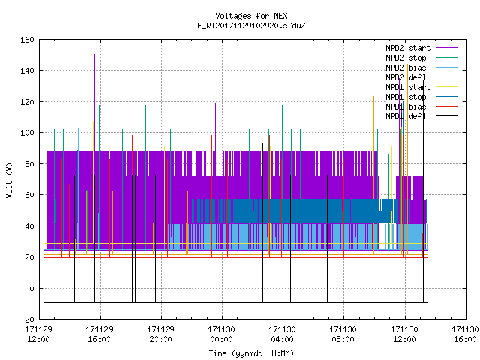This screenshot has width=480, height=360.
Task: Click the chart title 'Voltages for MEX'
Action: pos(251,16)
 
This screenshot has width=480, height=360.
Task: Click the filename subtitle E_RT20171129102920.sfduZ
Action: pos(251,25)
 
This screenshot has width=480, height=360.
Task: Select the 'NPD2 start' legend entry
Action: pos(421,48)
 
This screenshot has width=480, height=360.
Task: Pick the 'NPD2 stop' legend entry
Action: pos(421,58)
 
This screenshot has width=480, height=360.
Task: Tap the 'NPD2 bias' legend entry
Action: pos(421,67)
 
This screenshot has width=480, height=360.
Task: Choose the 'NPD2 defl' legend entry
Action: pos(421,77)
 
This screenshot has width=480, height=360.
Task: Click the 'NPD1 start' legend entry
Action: pos(421,87)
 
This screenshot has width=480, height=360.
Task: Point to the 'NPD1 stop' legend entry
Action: pos(421,97)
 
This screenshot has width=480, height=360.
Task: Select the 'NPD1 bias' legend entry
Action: pos(421,106)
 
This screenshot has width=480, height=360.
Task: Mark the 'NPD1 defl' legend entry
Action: pos(421,117)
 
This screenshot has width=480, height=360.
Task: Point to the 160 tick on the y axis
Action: pos(27,40)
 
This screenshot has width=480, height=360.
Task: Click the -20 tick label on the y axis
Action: pos(27,319)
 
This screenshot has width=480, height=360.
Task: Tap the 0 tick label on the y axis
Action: pos(31,288)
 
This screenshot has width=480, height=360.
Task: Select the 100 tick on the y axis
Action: pos(27,133)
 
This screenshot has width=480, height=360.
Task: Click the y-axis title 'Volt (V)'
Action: pos(9,181)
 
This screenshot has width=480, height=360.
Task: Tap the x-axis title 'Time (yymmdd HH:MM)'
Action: pos(251,353)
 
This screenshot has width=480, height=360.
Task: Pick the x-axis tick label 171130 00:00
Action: pos(222,334)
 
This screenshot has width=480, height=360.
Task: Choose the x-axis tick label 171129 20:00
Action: pos(160,334)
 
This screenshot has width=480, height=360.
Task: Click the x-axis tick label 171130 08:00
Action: pos(343,334)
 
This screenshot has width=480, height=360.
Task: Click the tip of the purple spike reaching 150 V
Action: pos(95,55)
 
